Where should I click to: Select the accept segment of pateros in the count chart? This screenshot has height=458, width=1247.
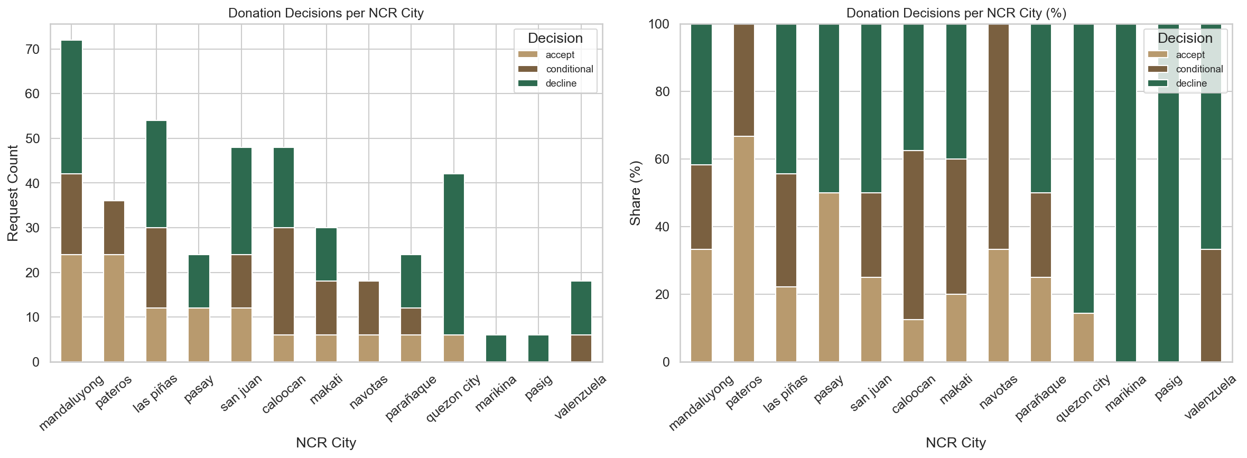[114, 308]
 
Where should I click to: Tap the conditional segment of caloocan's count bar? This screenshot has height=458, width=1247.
[284, 281]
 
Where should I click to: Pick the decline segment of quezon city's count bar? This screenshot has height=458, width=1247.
[453, 254]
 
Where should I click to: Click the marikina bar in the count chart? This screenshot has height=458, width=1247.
[496, 348]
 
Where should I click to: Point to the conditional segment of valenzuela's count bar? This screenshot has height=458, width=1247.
[581, 348]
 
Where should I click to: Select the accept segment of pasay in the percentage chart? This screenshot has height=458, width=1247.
[829, 277]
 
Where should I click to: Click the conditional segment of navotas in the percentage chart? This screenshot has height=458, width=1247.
[998, 136]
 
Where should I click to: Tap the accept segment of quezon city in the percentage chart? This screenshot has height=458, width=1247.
[1083, 337]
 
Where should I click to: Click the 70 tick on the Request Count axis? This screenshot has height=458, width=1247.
[32, 49]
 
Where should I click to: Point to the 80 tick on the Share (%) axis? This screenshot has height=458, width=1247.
[662, 91]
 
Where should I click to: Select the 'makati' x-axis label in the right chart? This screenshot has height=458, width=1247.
[955, 390]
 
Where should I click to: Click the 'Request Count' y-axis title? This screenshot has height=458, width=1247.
[13, 193]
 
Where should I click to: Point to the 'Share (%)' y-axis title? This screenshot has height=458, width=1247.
[635, 193]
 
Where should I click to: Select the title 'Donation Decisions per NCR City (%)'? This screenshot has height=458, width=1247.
[956, 13]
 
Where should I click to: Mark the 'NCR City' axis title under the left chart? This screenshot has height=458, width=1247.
[326, 443]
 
